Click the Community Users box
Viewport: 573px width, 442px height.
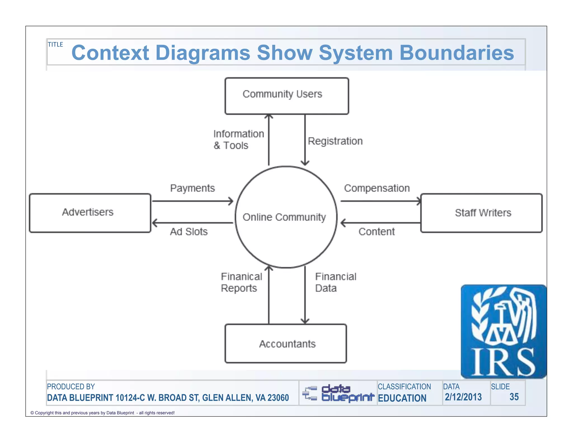point(286,96)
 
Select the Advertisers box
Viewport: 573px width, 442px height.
point(90,213)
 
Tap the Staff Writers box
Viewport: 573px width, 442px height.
point(481,213)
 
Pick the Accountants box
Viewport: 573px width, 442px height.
point(286,344)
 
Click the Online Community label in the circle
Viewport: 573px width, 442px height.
point(284,217)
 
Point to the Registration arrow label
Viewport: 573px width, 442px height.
point(335,141)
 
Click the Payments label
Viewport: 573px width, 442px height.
point(192,188)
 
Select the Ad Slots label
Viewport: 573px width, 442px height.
point(189,232)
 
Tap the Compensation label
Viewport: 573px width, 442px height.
point(377,188)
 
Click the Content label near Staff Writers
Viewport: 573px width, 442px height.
point(377,232)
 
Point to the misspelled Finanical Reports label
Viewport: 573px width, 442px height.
point(241,282)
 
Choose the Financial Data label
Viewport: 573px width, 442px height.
point(335,282)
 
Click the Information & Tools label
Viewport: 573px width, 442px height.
point(238,139)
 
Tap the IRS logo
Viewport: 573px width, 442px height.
point(503,331)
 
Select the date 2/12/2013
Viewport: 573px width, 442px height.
point(463,397)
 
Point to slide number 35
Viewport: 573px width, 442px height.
point(514,397)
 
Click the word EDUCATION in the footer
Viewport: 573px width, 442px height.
point(402,398)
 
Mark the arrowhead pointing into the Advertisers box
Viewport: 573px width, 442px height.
point(154,223)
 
